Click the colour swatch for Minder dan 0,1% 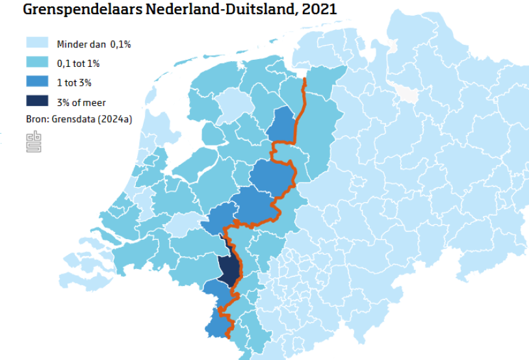(x=37, y=44)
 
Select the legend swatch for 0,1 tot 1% (x=37, y=63)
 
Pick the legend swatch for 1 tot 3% (x=37, y=83)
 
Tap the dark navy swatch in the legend (x=37, y=102)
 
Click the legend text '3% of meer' (x=81, y=102)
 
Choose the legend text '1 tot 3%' (x=75, y=83)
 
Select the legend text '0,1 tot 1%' (x=79, y=63)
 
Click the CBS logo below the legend (x=33, y=142)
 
